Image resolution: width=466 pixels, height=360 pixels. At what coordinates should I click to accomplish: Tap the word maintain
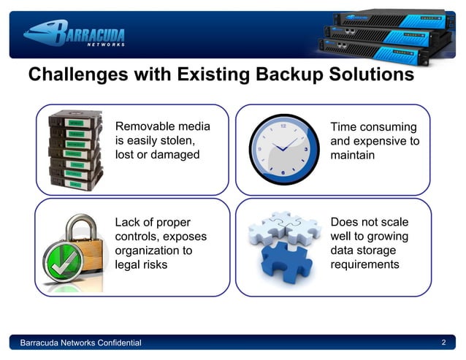353,156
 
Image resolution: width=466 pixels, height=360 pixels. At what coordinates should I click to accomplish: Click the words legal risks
141,264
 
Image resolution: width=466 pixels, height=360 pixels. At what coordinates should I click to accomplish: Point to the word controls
138,236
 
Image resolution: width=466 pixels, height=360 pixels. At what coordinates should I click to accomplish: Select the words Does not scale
370,221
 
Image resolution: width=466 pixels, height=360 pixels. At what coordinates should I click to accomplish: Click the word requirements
365,264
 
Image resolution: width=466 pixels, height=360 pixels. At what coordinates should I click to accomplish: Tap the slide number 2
444,342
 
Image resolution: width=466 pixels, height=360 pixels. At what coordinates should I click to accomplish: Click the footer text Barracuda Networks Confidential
81,343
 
